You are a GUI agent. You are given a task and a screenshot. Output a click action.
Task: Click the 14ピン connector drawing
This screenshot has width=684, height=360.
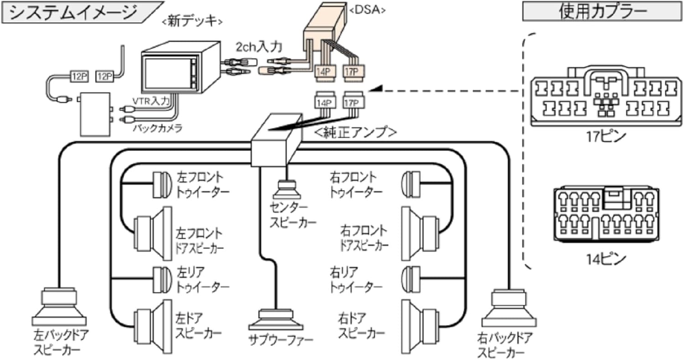(606, 214)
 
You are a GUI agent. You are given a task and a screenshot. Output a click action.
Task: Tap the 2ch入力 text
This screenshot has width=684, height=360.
(259, 47)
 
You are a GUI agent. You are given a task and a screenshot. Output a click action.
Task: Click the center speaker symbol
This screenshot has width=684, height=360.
(286, 188)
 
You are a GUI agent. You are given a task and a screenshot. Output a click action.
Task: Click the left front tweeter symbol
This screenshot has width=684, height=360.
(160, 185)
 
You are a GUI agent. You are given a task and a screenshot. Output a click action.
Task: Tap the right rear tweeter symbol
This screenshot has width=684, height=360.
(411, 278)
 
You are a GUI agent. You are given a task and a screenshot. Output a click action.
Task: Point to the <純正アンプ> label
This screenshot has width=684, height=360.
(355, 132)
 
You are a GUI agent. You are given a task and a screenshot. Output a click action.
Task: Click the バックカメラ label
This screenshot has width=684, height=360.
(157, 128)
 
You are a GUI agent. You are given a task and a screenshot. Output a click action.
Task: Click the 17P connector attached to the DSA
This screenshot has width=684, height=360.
(353, 71)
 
